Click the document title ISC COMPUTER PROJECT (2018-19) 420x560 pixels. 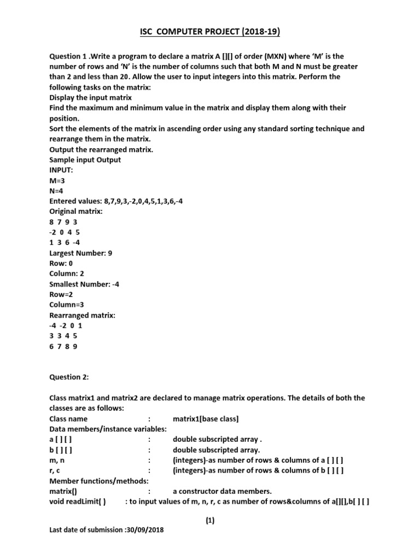click(x=210, y=33)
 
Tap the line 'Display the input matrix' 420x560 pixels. click(x=90, y=97)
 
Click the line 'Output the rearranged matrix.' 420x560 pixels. click(x=101, y=149)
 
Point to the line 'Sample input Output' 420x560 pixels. click(x=85, y=160)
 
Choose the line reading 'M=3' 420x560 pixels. click(x=57, y=180)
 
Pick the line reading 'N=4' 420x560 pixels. click(x=57, y=190)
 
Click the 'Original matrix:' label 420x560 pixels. click(x=77, y=211)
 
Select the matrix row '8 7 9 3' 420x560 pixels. click(x=63, y=221)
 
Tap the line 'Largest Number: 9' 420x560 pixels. click(x=80, y=253)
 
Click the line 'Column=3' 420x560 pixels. click(x=67, y=305)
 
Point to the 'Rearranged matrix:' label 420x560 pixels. click(x=82, y=315)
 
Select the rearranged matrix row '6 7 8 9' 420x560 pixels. click(x=63, y=346)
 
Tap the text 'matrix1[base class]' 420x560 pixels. click(x=206, y=419)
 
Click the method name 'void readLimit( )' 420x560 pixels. click(x=78, y=501)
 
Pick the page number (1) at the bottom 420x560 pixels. click(x=210, y=521)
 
